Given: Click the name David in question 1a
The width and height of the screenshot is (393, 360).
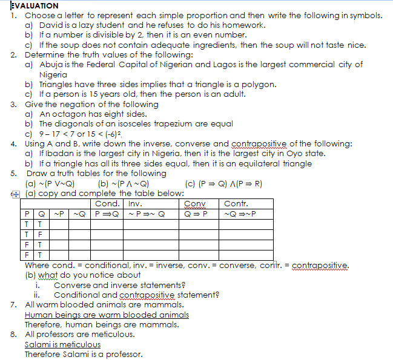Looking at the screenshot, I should pos(51,25).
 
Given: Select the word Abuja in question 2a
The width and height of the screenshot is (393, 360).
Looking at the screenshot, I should pos(51,64).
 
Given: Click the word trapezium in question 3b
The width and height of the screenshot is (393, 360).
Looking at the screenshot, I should pos(160,123).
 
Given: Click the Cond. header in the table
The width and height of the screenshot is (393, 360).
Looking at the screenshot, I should pos(107,203).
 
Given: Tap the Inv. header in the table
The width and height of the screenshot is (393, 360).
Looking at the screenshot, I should pos(135,203).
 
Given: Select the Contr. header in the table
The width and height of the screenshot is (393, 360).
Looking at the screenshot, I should pos(236,203).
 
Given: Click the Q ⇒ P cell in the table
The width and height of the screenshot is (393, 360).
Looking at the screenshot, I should pos(196,213).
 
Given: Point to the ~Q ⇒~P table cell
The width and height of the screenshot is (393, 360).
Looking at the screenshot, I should pos(240,213).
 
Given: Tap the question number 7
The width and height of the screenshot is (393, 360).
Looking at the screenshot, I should pos(14,305).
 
